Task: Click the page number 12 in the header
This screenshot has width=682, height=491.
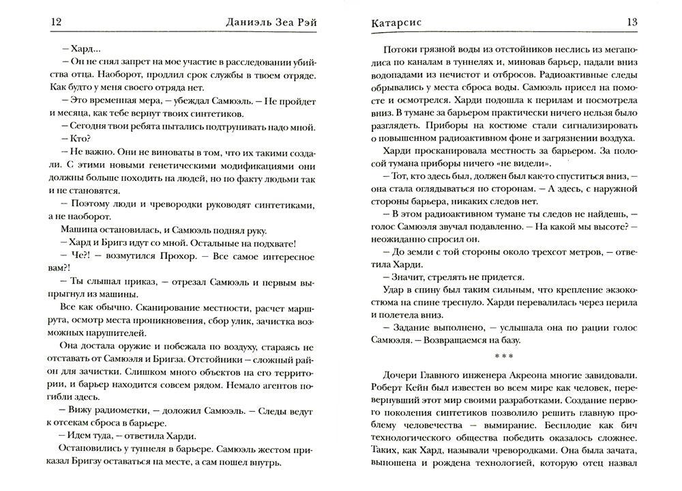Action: click(57, 23)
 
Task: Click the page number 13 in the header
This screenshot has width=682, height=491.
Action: click(632, 23)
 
